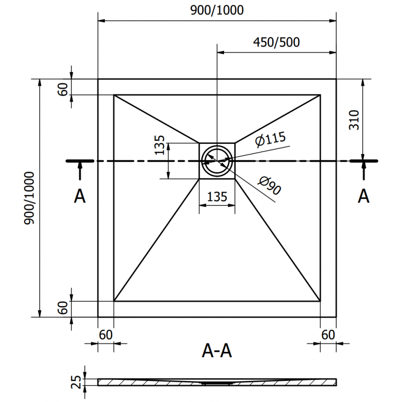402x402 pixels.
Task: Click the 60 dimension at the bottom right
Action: point(328,334)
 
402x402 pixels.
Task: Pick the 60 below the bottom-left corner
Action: point(106,334)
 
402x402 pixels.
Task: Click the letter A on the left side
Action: point(79,196)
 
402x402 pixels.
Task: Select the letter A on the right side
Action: point(363,196)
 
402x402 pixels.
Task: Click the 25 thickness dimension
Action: point(76,382)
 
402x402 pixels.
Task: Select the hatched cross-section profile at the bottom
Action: point(217,382)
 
